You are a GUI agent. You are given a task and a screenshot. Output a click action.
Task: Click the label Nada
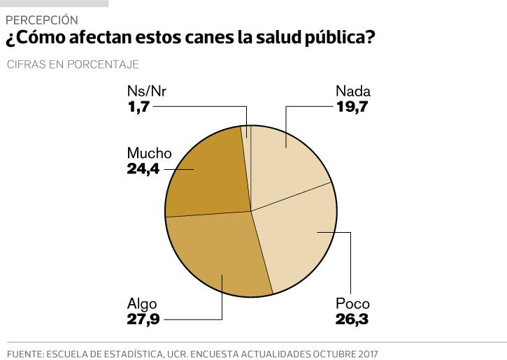(x=352, y=92)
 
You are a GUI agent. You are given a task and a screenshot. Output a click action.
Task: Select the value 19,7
(x=352, y=107)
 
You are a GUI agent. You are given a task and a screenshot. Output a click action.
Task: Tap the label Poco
(x=352, y=304)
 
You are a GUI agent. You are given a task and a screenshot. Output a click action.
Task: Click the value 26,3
(x=352, y=320)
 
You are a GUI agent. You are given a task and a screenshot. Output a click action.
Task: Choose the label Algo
(x=142, y=304)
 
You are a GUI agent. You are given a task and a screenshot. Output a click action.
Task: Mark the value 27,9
(x=144, y=320)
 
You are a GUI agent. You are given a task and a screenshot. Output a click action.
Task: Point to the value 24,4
(x=144, y=168)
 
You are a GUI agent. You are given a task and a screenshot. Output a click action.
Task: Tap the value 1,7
(x=138, y=107)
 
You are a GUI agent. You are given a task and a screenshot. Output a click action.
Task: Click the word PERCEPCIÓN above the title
(x=41, y=20)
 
